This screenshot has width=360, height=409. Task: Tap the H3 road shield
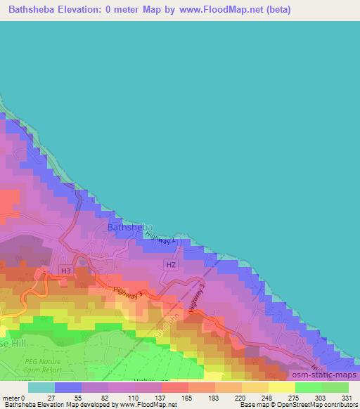click(x=65, y=271)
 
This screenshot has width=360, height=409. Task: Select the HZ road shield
click(x=170, y=265)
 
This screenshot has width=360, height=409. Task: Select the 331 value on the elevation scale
click(x=347, y=398)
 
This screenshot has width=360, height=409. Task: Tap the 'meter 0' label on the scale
click(x=13, y=398)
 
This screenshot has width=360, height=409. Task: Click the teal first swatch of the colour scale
click(x=41, y=387)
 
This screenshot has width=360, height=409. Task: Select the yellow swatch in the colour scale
click(x=281, y=387)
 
